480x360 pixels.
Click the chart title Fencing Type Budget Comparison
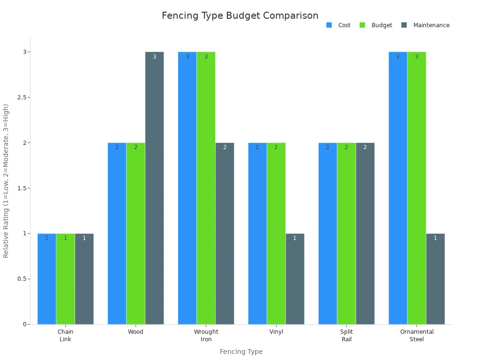point(240,15)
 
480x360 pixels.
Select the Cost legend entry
point(338,25)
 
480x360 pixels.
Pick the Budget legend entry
point(376,25)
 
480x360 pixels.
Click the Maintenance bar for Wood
point(154,187)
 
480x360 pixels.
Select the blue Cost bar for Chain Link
point(47,279)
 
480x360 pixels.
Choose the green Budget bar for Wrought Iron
point(206,187)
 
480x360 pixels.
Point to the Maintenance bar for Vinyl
point(295,279)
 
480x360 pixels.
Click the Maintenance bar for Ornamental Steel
point(435,279)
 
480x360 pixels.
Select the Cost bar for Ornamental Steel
point(398,187)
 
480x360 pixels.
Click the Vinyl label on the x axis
point(276,332)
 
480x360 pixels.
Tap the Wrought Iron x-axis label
point(206,336)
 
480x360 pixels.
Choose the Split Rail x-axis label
point(346,336)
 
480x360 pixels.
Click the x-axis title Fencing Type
point(241,352)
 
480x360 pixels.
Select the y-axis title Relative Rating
point(6,181)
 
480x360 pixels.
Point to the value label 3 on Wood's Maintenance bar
point(154,57)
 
